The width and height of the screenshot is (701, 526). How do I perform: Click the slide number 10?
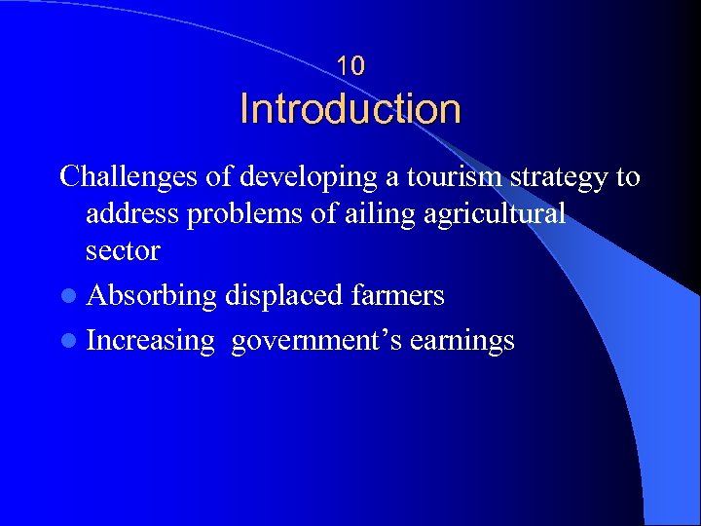[x=350, y=66]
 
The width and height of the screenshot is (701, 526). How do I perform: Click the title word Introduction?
[x=350, y=108]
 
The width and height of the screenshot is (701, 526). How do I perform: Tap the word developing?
[x=290, y=178]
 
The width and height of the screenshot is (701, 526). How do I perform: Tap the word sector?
[x=123, y=250]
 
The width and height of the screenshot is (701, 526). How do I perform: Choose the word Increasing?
[x=150, y=342]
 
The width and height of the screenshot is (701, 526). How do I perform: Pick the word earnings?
[x=461, y=342]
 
